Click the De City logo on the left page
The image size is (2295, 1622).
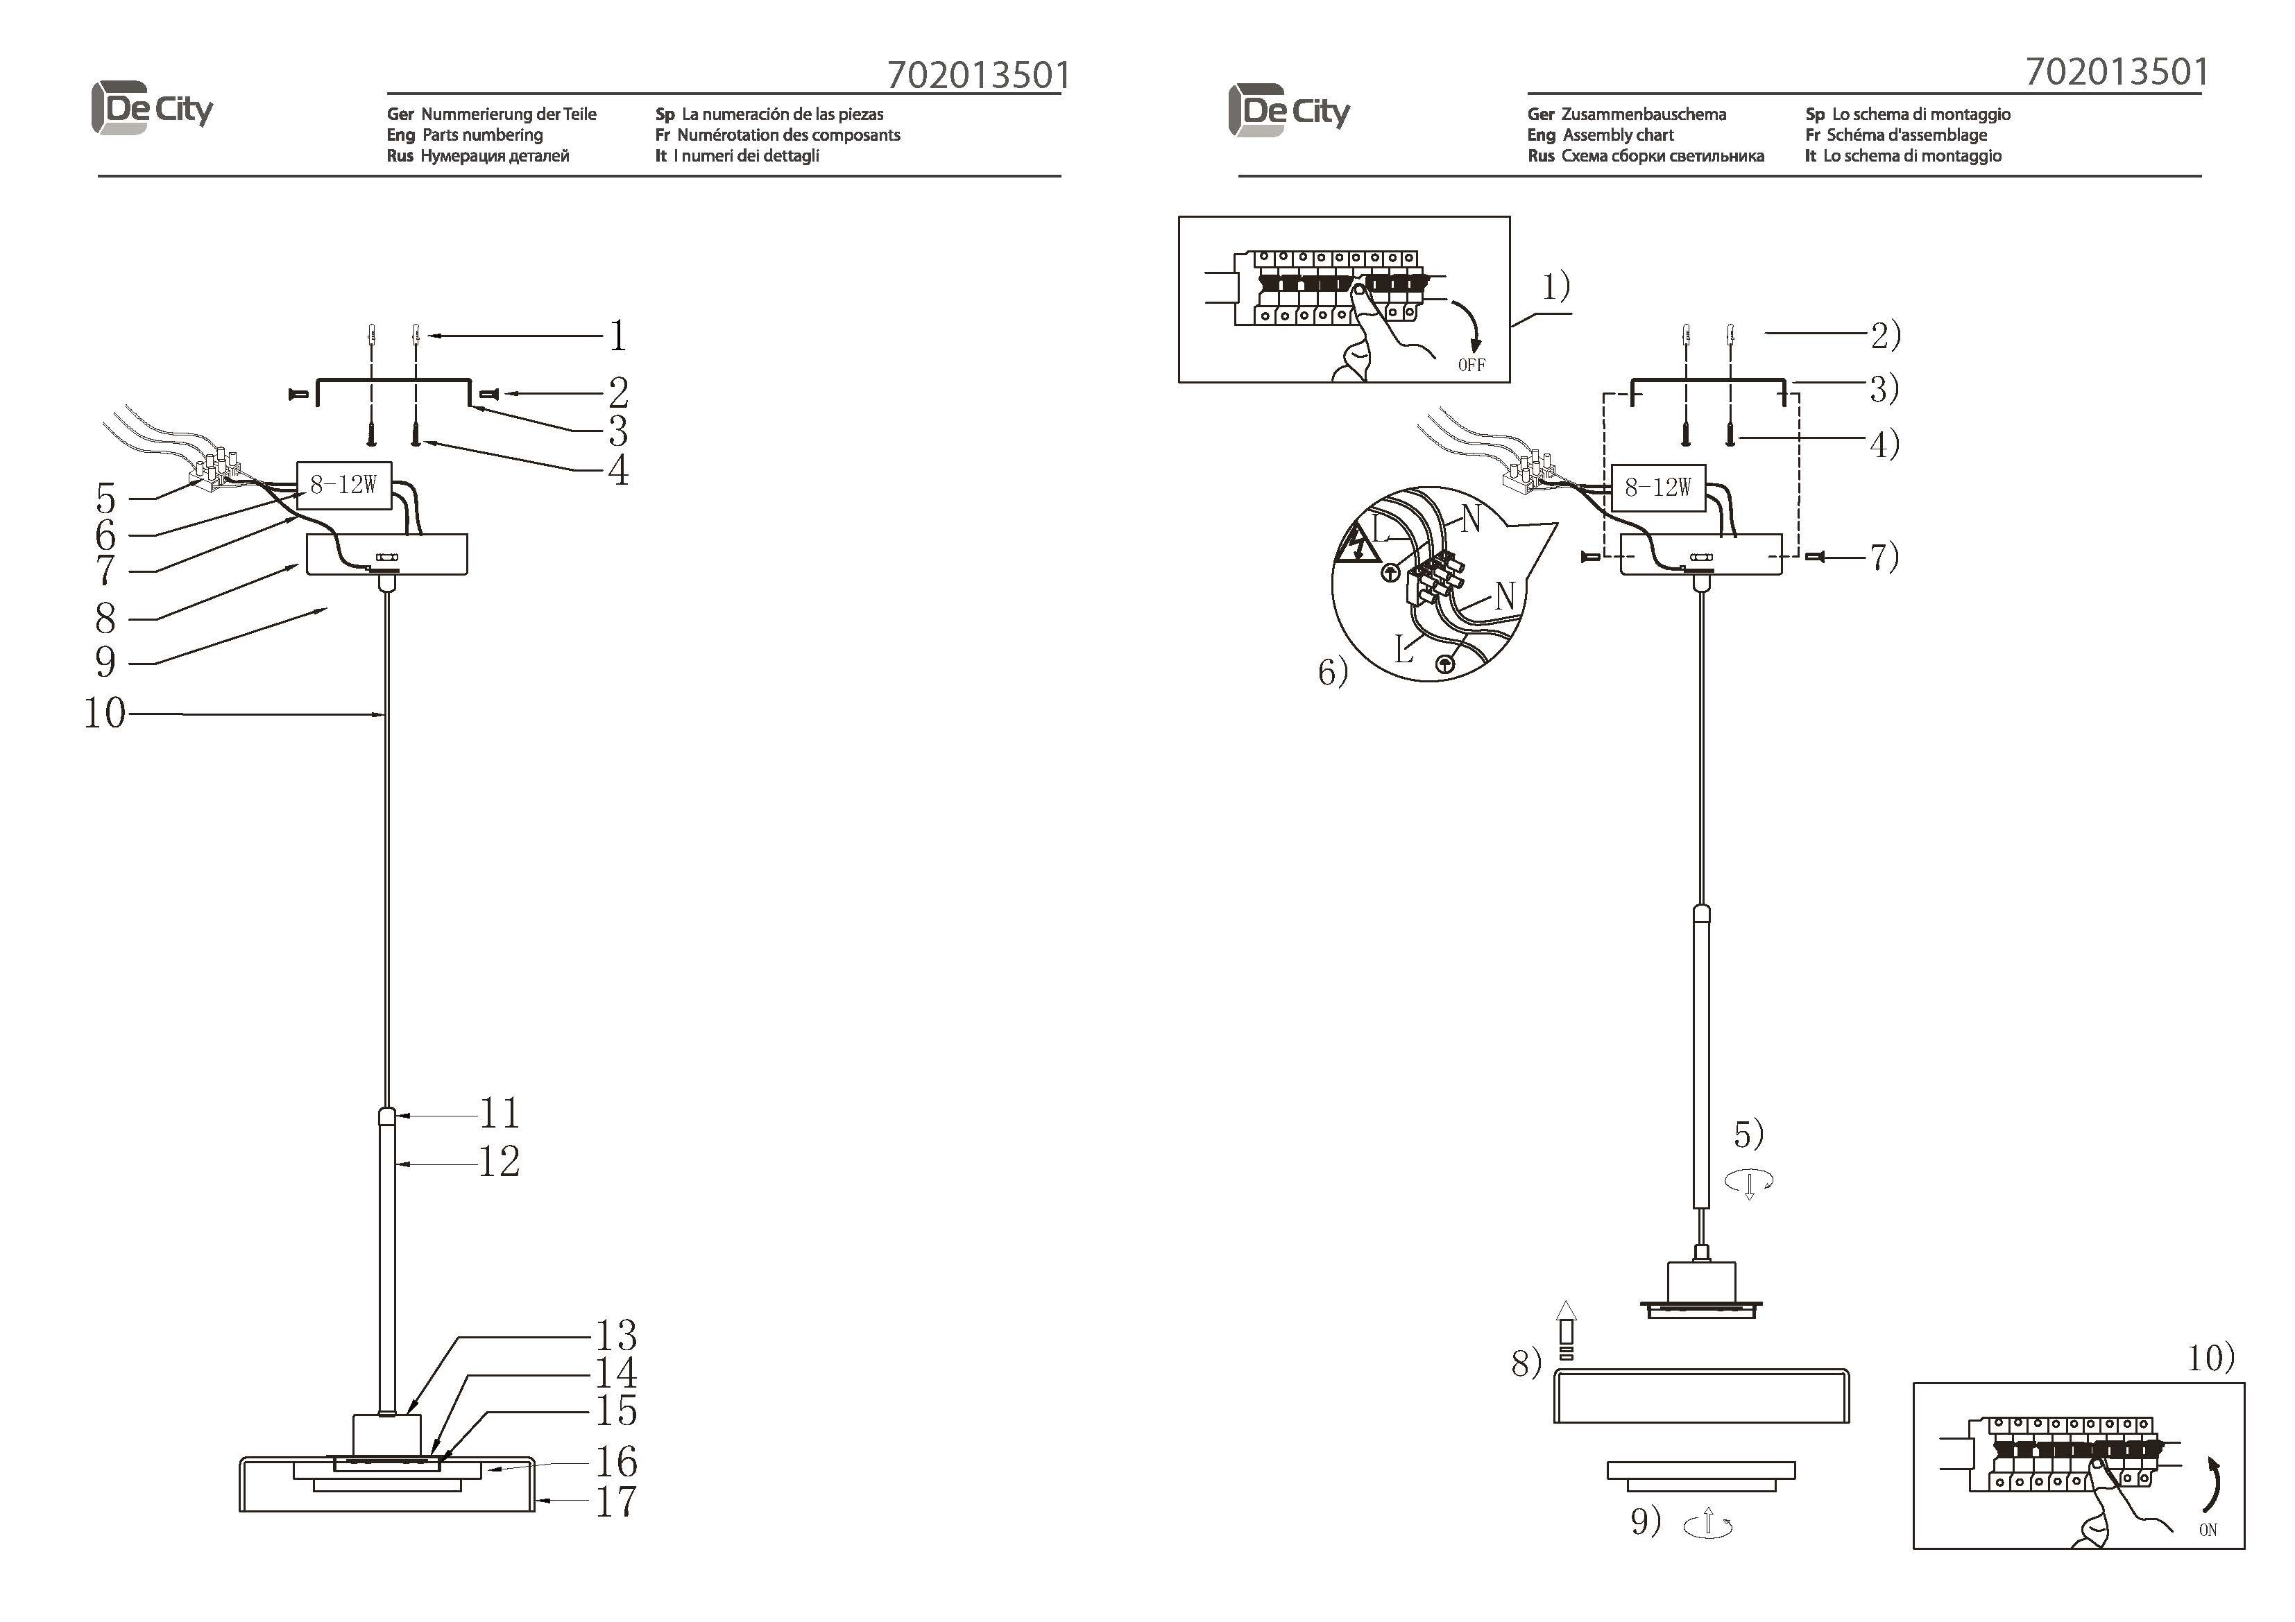[152, 108]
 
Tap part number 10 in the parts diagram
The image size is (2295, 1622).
[105, 714]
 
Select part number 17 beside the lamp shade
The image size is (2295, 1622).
[616, 1501]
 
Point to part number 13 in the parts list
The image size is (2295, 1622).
[616, 1335]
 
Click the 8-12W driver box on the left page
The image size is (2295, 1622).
[344, 485]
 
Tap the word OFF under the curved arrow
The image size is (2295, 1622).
[1471, 365]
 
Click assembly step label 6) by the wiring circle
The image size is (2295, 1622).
[1333, 671]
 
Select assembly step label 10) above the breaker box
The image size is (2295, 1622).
[2211, 1357]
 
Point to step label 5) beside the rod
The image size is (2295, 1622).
[1748, 1134]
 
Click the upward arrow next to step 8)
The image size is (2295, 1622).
[1567, 1329]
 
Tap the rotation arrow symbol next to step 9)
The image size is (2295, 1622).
[1708, 1524]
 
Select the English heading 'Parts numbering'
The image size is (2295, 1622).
[481, 135]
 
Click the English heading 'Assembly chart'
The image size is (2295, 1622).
[1617, 135]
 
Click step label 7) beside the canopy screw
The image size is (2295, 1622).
[1884, 557]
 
